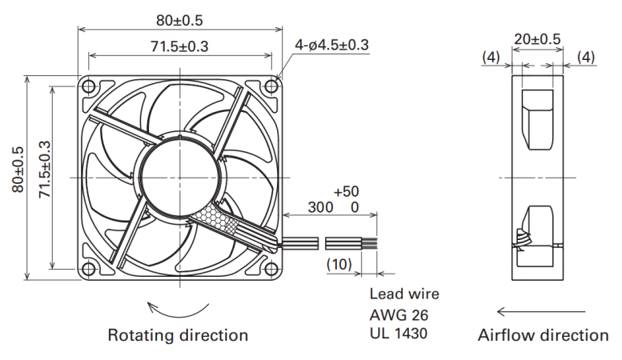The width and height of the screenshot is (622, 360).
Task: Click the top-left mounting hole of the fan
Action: [89, 86]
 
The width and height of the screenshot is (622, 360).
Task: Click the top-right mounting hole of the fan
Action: [271, 86]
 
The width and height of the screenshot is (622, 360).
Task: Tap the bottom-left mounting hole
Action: [89, 269]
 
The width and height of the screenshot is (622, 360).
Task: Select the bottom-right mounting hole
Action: [271, 269]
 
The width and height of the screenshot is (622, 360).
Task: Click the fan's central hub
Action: [179, 178]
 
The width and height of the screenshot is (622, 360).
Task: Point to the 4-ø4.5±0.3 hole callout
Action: [331, 45]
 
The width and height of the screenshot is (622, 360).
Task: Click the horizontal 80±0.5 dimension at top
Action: [179, 21]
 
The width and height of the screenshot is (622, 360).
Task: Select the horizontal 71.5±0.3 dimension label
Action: [179, 46]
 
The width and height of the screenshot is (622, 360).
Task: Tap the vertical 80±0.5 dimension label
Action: [18, 170]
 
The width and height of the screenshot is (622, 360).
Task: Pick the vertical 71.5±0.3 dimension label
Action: [45, 170]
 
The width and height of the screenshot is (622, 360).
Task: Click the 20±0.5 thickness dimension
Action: [537, 39]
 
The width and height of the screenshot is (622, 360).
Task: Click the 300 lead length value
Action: [320, 207]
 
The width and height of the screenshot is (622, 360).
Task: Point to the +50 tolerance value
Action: [347, 191]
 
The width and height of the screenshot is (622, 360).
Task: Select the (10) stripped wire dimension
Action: [339, 264]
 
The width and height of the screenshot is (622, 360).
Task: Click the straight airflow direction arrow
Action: [541, 312]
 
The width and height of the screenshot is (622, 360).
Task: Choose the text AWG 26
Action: [399, 315]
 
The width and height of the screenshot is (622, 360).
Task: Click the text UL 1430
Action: [399, 334]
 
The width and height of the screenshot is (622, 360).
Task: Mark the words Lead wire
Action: [404, 294]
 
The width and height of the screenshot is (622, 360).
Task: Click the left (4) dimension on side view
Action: [491, 58]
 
